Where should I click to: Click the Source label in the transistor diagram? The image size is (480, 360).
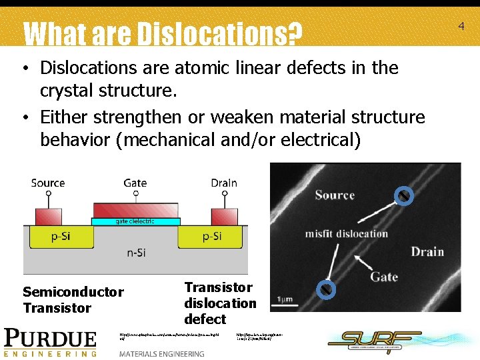[48, 183]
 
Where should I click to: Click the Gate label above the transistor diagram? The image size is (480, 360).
[135, 183]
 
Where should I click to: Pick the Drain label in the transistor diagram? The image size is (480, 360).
[223, 183]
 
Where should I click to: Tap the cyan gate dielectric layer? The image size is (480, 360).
[135, 221]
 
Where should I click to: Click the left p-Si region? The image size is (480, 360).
[47, 236]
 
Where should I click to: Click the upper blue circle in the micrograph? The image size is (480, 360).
[403, 195]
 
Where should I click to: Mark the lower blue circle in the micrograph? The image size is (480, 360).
[325, 289]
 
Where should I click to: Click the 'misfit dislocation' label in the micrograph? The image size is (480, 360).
[346, 234]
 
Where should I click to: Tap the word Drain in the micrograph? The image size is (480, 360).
[427, 251]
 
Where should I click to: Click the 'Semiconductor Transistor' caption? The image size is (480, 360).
[73, 299]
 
